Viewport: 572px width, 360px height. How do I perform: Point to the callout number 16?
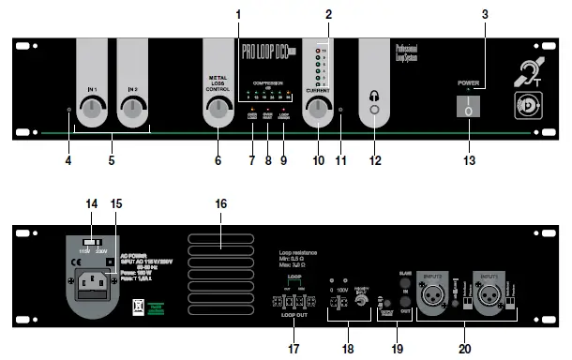pos(221,203)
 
